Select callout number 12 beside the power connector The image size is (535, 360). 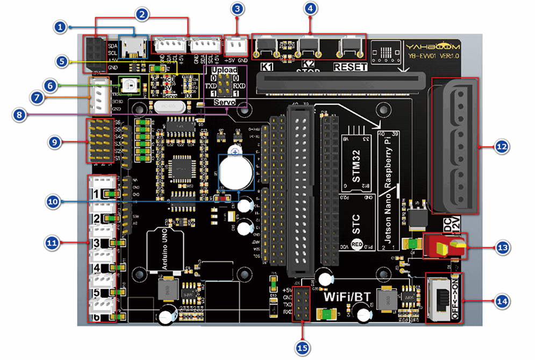click(x=502, y=146)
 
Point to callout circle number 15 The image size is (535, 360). click(x=303, y=348)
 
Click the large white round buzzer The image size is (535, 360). click(x=236, y=172)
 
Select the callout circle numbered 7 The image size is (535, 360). click(x=37, y=98)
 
